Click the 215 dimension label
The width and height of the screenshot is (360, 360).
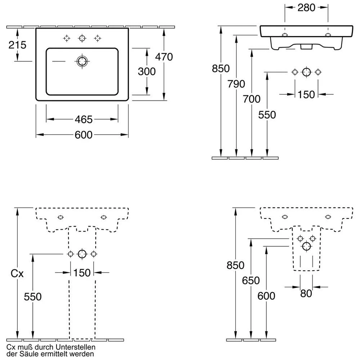(18, 45)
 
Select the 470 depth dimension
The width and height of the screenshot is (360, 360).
(164, 57)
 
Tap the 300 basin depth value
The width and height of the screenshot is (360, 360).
(147, 72)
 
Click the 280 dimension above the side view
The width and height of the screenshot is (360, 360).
(306, 8)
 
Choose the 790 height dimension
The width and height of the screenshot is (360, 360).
(236, 84)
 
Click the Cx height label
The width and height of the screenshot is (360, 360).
(17, 274)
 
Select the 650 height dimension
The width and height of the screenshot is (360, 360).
(251, 280)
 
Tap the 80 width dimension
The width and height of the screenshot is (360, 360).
(306, 294)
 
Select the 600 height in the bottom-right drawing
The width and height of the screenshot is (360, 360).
(266, 296)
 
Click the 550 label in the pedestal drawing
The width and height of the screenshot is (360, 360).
(33, 297)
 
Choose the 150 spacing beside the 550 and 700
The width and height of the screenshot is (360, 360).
(306, 94)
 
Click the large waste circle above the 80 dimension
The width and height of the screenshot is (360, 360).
(306, 246)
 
